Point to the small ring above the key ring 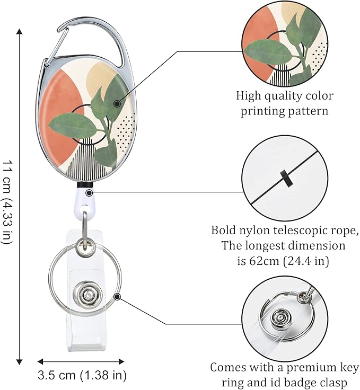(83, 245)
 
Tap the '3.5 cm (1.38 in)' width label (82, 376)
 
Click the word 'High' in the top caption (249, 96)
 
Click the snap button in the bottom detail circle (280, 317)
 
